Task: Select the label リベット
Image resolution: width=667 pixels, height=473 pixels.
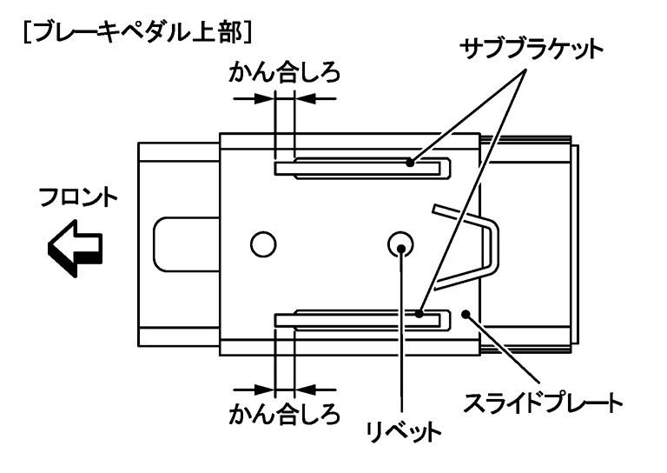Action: tap(401, 430)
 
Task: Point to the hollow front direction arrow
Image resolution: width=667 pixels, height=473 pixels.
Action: tap(75, 247)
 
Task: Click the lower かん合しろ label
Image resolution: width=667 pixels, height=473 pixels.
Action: tap(283, 412)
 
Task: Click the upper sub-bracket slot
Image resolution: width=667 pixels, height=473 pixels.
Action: tap(360, 166)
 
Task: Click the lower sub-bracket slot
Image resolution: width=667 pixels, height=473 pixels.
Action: tap(360, 319)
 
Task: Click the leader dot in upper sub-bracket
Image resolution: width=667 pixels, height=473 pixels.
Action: tap(408, 161)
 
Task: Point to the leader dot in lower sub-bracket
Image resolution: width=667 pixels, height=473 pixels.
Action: tap(419, 314)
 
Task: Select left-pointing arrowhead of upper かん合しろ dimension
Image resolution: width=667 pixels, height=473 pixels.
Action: tap(304, 99)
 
